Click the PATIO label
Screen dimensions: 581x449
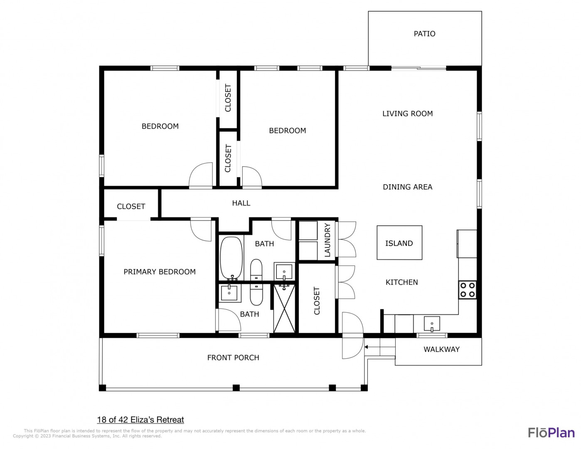pos(424,34)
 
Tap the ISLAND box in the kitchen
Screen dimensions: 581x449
pos(399,242)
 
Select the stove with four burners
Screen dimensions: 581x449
pos(468,290)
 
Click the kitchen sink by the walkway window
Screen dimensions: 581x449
pos(432,324)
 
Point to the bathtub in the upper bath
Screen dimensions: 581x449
pos(231,258)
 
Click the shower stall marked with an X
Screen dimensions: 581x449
pos(284,308)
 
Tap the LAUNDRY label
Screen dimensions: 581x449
pos(327,240)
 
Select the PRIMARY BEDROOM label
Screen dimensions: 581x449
pos(159,272)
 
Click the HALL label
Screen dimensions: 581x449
pos(241,203)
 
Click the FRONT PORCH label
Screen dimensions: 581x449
pos(233,358)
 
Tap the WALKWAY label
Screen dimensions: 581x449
pos(441,349)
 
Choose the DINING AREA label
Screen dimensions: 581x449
pos(407,187)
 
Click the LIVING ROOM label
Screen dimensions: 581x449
pos(407,113)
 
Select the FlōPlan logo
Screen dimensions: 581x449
pos(551,433)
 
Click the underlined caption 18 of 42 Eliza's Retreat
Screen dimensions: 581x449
pos(140,419)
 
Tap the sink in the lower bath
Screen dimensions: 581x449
pos(229,293)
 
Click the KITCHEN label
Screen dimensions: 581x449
pos(401,282)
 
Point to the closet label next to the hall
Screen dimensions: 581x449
pos(131,207)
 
